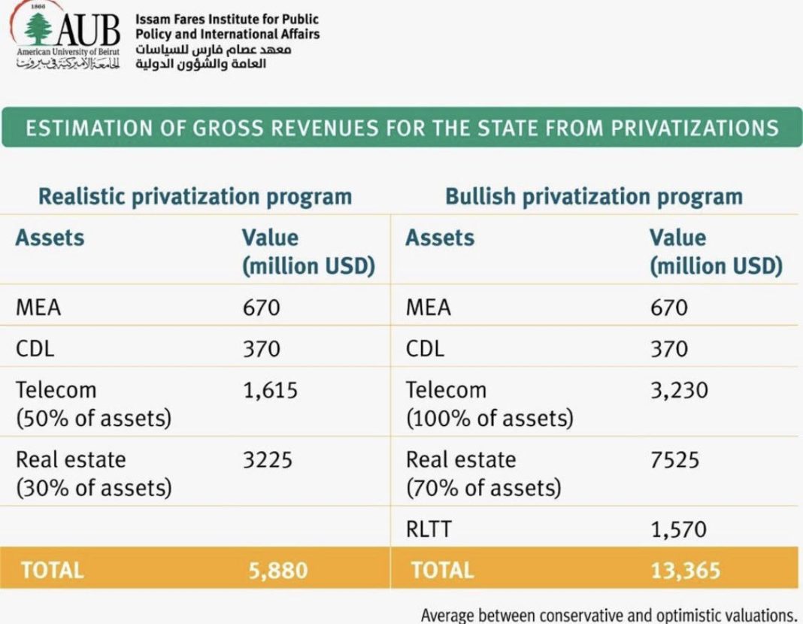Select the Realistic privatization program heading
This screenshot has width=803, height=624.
[195, 197]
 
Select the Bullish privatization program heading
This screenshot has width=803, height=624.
[593, 197]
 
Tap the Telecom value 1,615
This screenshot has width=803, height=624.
[270, 390]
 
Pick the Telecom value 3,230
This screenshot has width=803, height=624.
[679, 390]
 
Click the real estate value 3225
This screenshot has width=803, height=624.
[268, 459]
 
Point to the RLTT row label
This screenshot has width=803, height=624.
[429, 529]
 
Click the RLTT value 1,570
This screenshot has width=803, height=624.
[678, 529]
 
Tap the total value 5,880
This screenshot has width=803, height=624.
[278, 571]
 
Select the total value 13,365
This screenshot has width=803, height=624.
[685, 571]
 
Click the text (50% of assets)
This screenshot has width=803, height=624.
[93, 418]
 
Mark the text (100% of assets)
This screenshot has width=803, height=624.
[489, 418]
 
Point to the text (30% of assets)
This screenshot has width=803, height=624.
[93, 487]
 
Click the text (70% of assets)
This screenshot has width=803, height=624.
[483, 487]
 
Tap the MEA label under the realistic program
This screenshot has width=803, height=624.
[38, 307]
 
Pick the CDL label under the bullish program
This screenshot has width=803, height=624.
[425, 349]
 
